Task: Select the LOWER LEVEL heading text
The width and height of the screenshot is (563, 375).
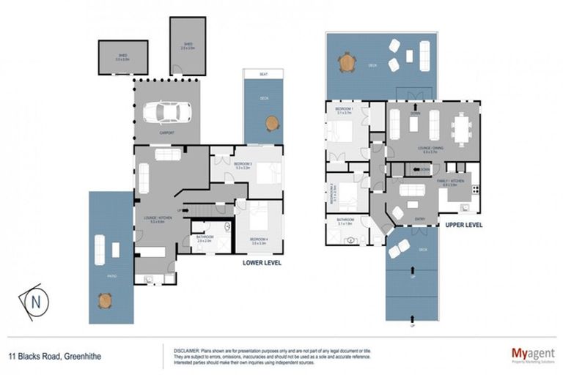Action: (262, 261)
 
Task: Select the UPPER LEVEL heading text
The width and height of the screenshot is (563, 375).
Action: (463, 225)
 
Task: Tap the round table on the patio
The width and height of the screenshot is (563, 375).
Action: (107, 299)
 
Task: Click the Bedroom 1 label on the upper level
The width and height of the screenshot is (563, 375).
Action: (345, 110)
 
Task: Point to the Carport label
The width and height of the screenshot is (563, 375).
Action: (166, 133)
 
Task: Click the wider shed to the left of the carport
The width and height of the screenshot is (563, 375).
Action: (123, 57)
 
